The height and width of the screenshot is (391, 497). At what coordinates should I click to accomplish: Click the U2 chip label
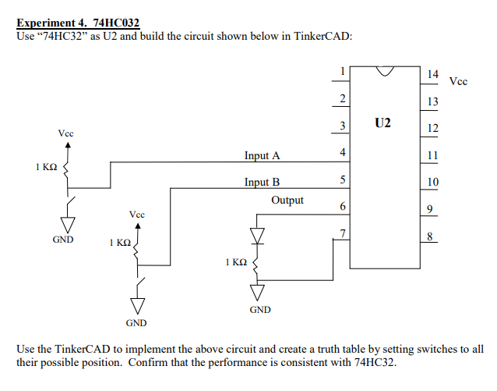[382, 123]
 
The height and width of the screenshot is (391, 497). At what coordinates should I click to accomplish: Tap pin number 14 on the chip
[433, 73]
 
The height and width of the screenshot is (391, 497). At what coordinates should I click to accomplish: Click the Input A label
[262, 155]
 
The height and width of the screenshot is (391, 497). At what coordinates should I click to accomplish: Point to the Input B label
[262, 182]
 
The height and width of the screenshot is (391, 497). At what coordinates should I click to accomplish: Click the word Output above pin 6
[287, 201]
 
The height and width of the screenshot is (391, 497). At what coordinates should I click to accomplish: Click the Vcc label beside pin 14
[459, 81]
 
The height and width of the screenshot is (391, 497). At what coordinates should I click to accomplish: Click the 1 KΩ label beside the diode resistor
[236, 263]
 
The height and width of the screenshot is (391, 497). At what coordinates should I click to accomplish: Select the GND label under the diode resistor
[260, 310]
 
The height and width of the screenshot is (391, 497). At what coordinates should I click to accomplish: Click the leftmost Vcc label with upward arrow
[67, 134]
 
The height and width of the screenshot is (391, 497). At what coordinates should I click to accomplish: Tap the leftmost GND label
[63, 240]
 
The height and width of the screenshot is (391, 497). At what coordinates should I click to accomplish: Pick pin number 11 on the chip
[433, 155]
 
